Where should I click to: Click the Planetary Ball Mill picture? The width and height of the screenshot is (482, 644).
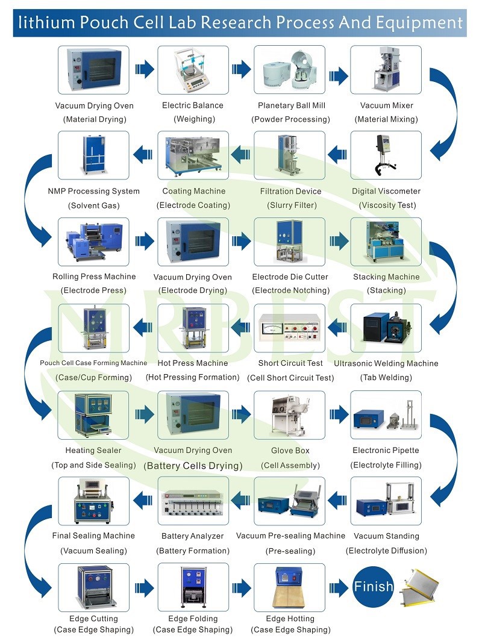point(290,70)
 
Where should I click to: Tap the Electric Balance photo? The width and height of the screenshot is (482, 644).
point(193,70)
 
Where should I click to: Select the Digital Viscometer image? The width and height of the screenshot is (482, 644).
point(386,155)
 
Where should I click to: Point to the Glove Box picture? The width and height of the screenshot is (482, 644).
point(290,415)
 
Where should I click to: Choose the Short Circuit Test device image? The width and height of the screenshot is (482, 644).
point(290,328)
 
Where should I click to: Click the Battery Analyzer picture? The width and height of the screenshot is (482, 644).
point(193,501)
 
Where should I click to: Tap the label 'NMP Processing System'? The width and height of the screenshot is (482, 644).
point(93,192)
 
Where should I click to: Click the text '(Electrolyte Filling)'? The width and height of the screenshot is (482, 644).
point(386,465)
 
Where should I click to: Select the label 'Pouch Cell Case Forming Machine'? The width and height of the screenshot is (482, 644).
point(93,363)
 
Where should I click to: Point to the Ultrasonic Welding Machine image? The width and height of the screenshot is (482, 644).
point(386,328)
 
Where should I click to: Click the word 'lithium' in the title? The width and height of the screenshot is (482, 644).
point(46,23)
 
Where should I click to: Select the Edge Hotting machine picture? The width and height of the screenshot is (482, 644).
point(290,587)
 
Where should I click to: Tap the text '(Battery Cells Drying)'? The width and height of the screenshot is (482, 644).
point(193,466)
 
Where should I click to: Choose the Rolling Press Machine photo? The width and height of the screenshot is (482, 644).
point(93,242)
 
